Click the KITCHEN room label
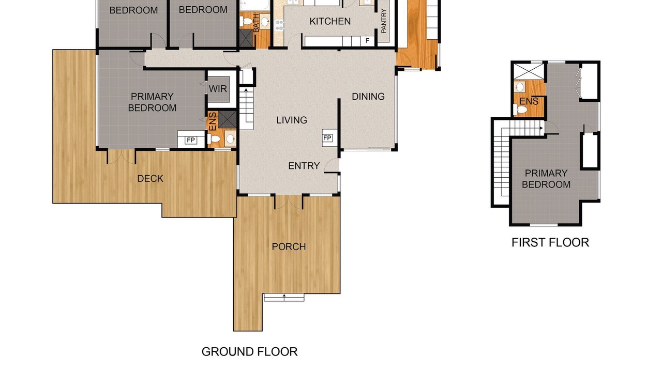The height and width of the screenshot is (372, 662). (x=330, y=21)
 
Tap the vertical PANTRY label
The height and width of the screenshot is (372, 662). (x=384, y=21)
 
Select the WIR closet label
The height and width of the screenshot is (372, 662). (x=218, y=88)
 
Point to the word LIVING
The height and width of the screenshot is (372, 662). (x=292, y=120)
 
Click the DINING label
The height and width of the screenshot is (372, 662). (x=368, y=97)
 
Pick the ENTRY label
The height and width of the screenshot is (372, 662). (x=304, y=166)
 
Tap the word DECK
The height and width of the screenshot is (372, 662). (x=151, y=179)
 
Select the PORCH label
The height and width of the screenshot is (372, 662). (x=289, y=246)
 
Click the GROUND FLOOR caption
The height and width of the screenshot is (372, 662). (x=249, y=352)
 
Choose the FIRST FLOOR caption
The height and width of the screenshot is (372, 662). (x=550, y=242)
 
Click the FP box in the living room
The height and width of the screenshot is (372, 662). (x=327, y=138)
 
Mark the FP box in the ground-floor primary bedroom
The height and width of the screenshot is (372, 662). (x=191, y=140)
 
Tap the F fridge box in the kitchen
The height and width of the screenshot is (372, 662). (x=367, y=41)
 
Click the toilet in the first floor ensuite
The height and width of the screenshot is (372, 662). (x=520, y=110)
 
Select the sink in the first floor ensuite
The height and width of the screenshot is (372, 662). (x=519, y=87)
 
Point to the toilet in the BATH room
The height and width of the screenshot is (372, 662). (x=245, y=21)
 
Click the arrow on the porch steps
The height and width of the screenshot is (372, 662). (x=284, y=297)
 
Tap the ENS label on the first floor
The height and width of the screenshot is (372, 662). (x=529, y=101)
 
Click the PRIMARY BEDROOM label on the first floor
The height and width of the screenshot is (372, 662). (x=546, y=179)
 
